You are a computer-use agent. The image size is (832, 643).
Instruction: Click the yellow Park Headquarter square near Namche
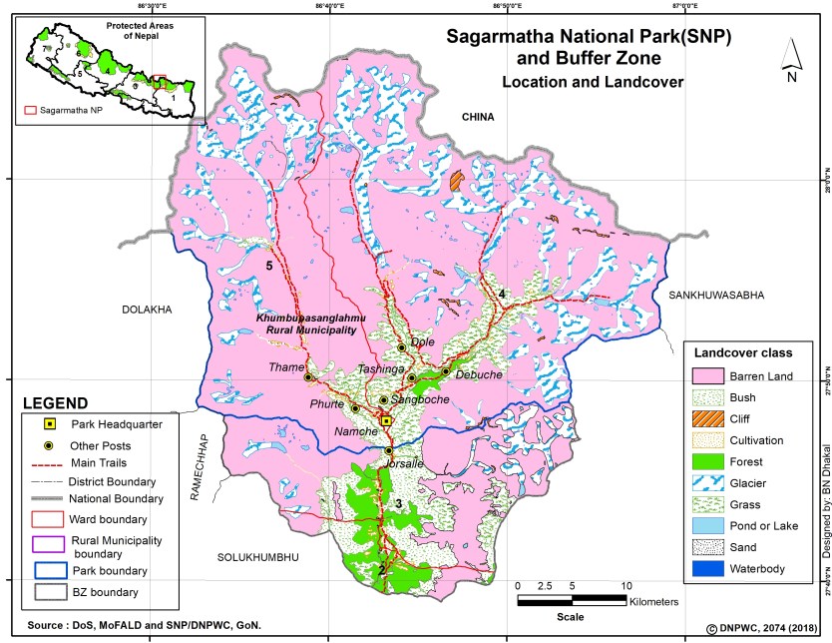(386, 421)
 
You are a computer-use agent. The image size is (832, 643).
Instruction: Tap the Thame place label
(285, 367)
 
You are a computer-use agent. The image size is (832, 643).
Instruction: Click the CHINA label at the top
(478, 118)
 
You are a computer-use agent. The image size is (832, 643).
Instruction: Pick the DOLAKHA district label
(148, 311)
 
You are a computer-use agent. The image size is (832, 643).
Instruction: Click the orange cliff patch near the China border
(457, 181)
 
